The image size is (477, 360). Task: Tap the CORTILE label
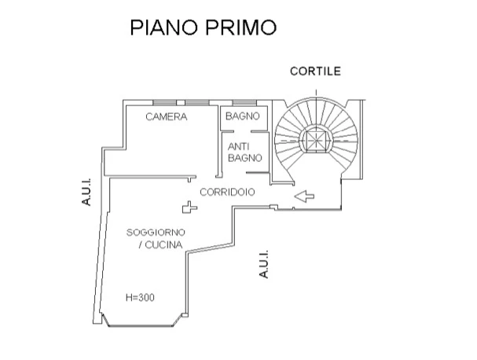[314, 71]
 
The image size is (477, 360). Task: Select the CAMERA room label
[167, 117]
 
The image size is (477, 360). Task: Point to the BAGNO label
[242, 117]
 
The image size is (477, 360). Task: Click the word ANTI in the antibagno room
[238, 147]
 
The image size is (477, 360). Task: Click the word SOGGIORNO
[156, 233]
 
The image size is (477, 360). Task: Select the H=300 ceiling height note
[141, 298]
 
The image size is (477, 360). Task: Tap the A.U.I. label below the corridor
[265, 264]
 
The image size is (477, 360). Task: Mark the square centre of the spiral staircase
[316, 139]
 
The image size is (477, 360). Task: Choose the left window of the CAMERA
[164, 103]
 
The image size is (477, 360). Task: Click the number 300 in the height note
[148, 298]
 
